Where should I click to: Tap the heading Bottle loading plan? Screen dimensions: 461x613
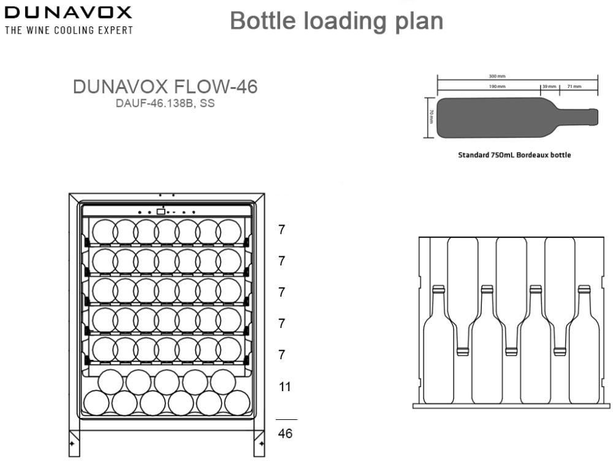pyautogui.click(x=336, y=21)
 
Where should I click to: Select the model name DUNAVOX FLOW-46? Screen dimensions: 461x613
pyautogui.click(x=165, y=87)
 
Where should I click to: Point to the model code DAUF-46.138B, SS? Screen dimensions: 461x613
pyautogui.click(x=165, y=103)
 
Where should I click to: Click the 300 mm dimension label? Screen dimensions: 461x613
pyautogui.click(x=497, y=77)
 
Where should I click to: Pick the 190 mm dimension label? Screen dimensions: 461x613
pyautogui.click(x=497, y=87)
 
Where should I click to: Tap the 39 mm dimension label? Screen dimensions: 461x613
pyautogui.click(x=548, y=87)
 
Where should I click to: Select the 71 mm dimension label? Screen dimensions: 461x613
pyautogui.click(x=574, y=87)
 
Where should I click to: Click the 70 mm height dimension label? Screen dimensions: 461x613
pyautogui.click(x=431, y=116)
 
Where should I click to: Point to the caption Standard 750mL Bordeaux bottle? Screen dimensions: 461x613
pyautogui.click(x=514, y=155)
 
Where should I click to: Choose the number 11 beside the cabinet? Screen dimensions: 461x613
pyautogui.click(x=284, y=387)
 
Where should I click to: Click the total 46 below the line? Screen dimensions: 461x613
pyautogui.click(x=285, y=433)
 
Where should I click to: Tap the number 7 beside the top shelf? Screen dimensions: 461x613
pyautogui.click(x=281, y=230)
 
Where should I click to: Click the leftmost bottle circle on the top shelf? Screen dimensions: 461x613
pyautogui.click(x=104, y=232)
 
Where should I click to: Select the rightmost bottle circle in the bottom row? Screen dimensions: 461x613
pyautogui.click(x=237, y=403)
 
